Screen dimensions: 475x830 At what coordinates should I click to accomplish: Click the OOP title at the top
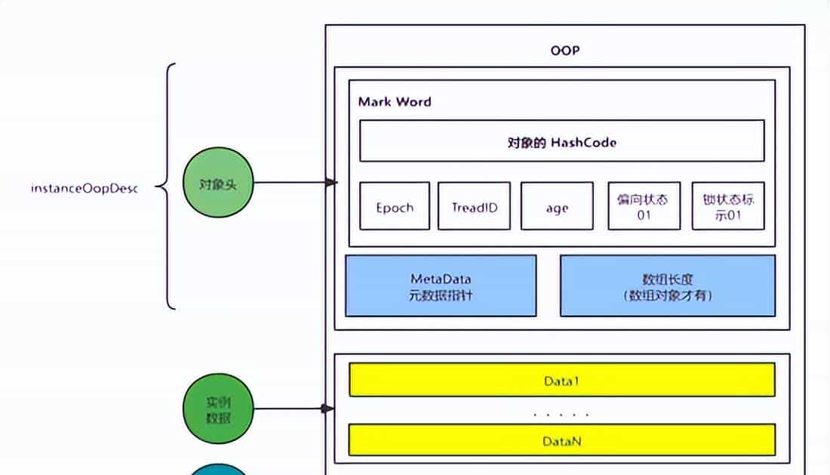[x=564, y=51]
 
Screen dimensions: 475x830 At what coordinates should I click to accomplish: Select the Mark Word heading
[x=395, y=102]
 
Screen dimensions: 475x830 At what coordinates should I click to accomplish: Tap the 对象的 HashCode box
[x=561, y=141]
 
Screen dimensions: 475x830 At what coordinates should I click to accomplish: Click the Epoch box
[x=395, y=206]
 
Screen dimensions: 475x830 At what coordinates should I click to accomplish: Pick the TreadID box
[x=474, y=206]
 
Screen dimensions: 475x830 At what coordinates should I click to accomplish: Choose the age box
[x=557, y=206]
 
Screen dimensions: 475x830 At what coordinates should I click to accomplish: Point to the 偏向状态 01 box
[x=644, y=206]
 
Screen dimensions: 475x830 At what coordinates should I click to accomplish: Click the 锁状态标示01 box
[x=727, y=206]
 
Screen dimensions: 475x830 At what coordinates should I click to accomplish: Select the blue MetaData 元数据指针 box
[x=441, y=285]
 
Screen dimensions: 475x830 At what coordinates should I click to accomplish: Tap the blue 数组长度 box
[x=667, y=285]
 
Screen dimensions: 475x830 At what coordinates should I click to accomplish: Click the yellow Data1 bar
[x=561, y=380]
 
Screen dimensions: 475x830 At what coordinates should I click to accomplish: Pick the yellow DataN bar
[x=561, y=440]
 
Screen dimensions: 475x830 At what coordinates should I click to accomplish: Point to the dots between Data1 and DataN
[x=561, y=415]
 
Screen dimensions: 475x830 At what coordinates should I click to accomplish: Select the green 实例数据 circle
[x=218, y=409]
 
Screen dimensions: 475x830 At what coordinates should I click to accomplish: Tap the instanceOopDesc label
[x=85, y=188]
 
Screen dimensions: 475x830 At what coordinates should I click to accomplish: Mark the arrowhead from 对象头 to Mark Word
[x=330, y=183]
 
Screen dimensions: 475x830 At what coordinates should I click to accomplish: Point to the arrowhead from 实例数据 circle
[x=328, y=409]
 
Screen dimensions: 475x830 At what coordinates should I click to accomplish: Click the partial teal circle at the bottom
[x=217, y=470]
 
